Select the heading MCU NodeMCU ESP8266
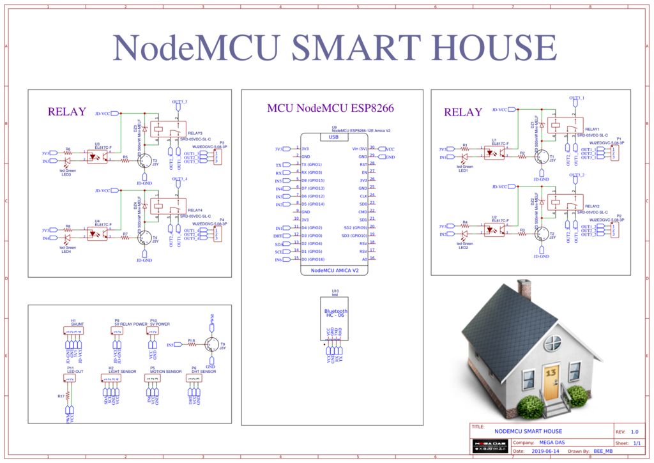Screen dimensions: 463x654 (330, 109)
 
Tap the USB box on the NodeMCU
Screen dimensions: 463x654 (333, 137)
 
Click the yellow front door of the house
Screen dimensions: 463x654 (551, 381)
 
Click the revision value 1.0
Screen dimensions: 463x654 (634, 432)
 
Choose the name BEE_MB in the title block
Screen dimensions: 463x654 (603, 451)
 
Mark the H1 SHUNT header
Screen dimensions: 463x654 (73, 331)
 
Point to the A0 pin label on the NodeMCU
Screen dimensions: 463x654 (364, 259)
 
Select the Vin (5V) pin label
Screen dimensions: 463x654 (359, 148)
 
